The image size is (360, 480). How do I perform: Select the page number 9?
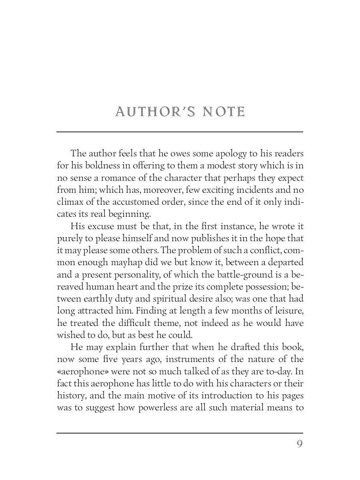point(299,444)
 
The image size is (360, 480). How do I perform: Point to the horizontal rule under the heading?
point(180,132)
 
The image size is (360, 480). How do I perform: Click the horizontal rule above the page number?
point(180,433)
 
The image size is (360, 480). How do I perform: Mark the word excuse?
point(97,226)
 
